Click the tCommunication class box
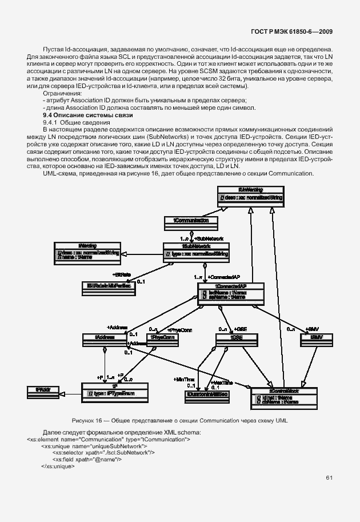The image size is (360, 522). pos(191,220)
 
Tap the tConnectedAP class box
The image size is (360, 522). pos(230,292)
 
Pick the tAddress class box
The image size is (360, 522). pos(103,338)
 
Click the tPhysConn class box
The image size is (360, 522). pos(163,338)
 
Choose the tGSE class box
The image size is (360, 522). pos(234,338)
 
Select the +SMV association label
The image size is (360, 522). pos(311,329)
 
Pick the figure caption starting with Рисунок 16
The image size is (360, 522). pos(179,420)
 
